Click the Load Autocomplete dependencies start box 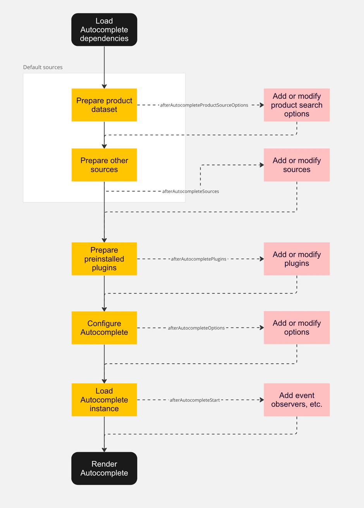pyautogui.click(x=104, y=30)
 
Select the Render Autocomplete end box pyautogui.click(x=104, y=468)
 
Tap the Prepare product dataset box pyautogui.click(x=104, y=105)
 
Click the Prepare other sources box pyautogui.click(x=104, y=165)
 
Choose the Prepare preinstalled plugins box pyautogui.click(x=104, y=259)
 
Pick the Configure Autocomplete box pyautogui.click(x=104, y=328)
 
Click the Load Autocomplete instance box pyautogui.click(x=104, y=400)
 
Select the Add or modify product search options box pyautogui.click(x=297, y=105)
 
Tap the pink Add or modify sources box pyautogui.click(x=297, y=165)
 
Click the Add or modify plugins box pyautogui.click(x=297, y=259)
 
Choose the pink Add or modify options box pyautogui.click(x=297, y=328)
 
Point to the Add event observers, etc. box pyautogui.click(x=297, y=400)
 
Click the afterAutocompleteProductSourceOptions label pyautogui.click(x=204, y=105)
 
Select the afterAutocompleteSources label pyautogui.click(x=191, y=191)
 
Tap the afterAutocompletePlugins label pyautogui.click(x=199, y=259)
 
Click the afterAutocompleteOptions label pyautogui.click(x=196, y=328)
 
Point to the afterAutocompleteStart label pyautogui.click(x=195, y=400)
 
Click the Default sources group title pyautogui.click(x=43, y=67)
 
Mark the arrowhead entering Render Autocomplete pyautogui.click(x=104, y=450)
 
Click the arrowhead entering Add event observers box pyautogui.click(x=262, y=400)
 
